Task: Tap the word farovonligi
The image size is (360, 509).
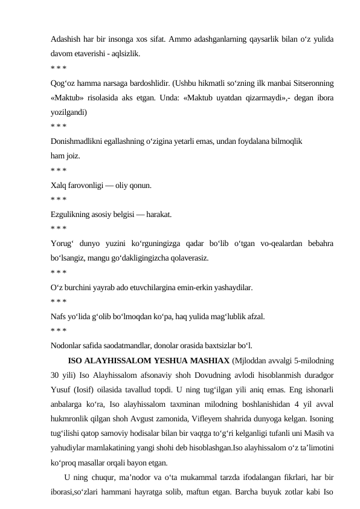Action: [x=91, y=185]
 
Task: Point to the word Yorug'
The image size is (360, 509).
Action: [x=63, y=244]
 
